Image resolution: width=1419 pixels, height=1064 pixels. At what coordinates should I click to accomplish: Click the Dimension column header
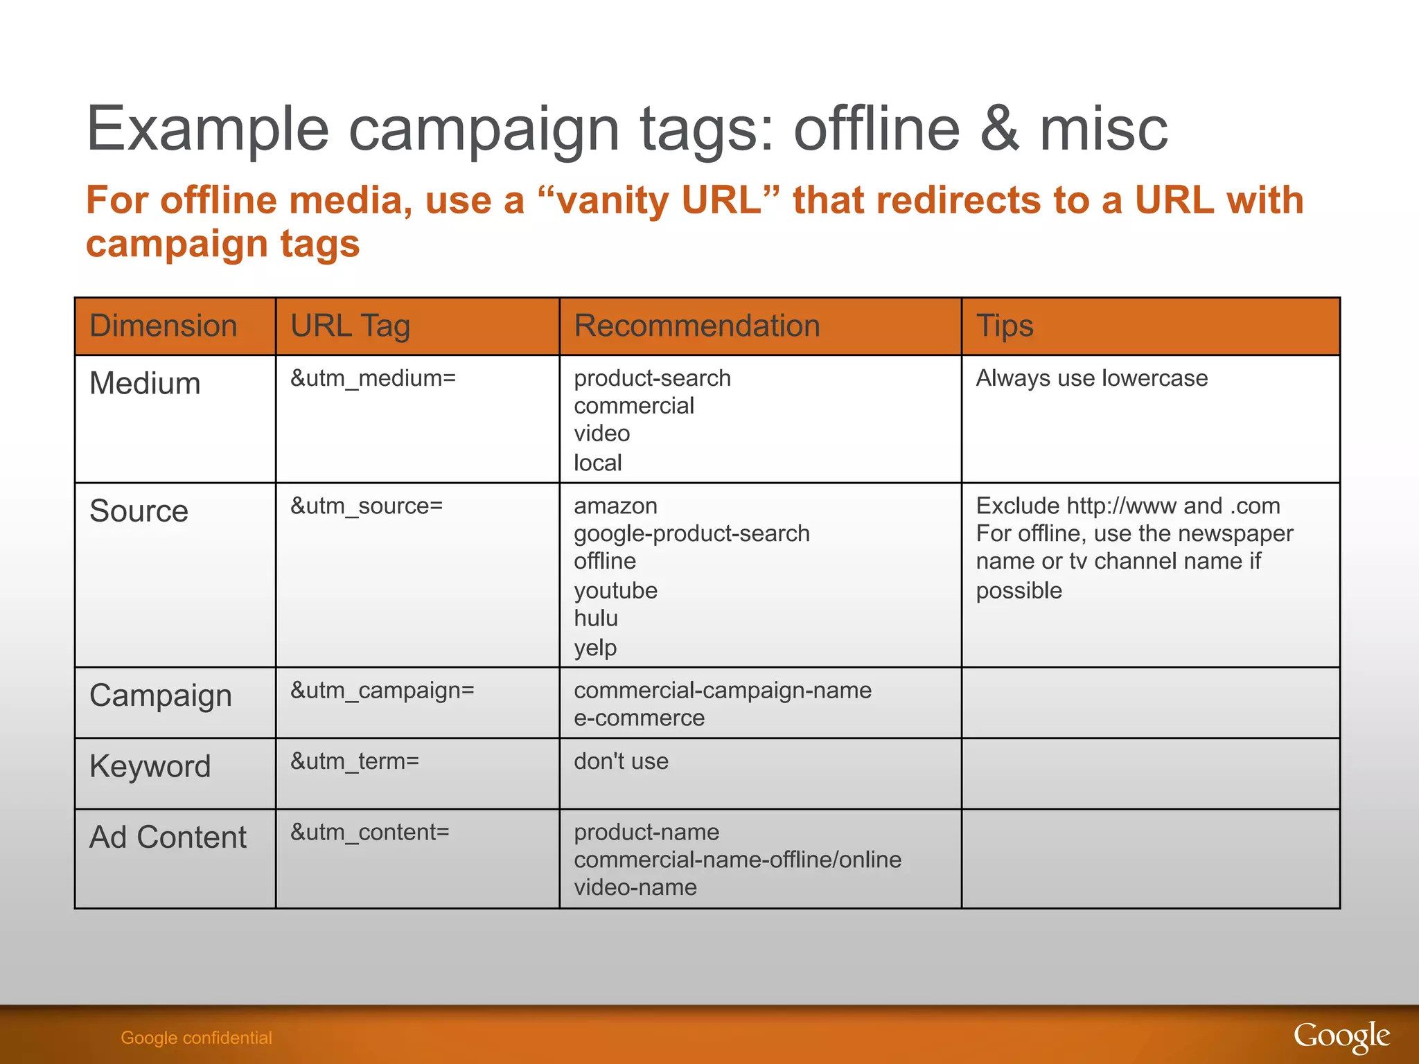[164, 326]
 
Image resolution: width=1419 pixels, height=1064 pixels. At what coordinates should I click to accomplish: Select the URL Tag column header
[350, 326]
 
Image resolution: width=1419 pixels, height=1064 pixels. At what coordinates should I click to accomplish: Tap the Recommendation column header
[696, 326]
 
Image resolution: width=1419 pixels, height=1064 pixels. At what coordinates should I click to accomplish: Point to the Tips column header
[1004, 326]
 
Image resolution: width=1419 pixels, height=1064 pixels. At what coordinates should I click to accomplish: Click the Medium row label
[145, 383]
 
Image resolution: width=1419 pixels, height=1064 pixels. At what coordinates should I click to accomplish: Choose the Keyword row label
[150, 766]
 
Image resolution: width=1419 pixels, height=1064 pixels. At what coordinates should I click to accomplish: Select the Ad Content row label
[168, 837]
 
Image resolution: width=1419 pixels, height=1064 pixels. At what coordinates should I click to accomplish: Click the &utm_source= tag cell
[366, 506]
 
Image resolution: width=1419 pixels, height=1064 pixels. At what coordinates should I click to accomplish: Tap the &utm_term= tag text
[354, 761]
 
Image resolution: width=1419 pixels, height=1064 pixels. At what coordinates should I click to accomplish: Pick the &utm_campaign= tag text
[382, 691]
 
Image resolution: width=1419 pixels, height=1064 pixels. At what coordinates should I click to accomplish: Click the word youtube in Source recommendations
[615, 591]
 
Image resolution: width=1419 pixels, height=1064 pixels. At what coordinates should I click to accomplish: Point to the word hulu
[595, 618]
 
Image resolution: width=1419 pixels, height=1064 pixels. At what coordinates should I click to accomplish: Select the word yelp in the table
[594, 648]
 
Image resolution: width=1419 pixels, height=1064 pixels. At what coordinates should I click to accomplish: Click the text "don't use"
[621, 761]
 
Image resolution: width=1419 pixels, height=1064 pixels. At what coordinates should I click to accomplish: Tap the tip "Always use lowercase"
[1091, 378]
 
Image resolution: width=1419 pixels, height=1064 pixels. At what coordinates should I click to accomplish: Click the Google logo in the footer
[1341, 1037]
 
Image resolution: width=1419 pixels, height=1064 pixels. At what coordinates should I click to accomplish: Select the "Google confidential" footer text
[196, 1038]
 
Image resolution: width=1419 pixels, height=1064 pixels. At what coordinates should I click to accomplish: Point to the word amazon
[615, 506]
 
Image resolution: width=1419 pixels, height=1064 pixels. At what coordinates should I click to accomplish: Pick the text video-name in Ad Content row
[635, 887]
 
